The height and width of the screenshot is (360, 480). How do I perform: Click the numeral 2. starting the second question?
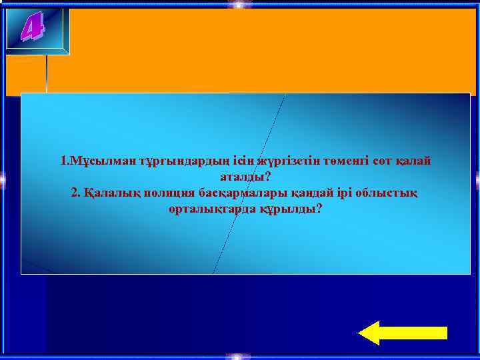[x=75, y=193]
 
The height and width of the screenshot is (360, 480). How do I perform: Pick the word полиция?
[x=168, y=193]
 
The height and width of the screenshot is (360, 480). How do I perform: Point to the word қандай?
[x=313, y=193]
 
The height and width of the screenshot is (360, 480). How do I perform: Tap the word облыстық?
[x=388, y=193]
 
